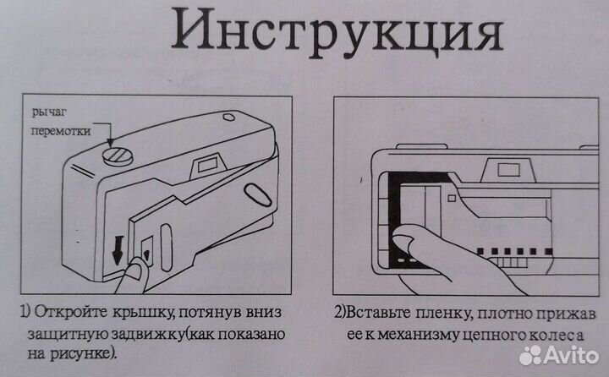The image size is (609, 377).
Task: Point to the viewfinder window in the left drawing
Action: [x=207, y=163]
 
